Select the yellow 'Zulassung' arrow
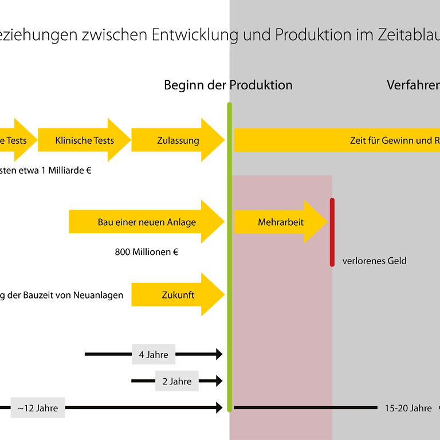pyautogui.click(x=178, y=140)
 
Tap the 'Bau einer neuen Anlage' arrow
pyautogui.click(x=146, y=222)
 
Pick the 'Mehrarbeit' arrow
pyautogui.click(x=280, y=222)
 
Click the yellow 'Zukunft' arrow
pyautogui.click(x=178, y=295)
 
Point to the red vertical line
pyautogui.click(x=332, y=232)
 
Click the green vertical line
pyautogui.click(x=230, y=258)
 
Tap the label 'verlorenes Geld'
pyautogui.click(x=374, y=261)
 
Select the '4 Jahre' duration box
pyautogui.click(x=154, y=355)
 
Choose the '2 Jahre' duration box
pyautogui.click(x=176, y=381)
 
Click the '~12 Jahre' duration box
pyautogui.click(x=38, y=408)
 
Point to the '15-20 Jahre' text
pyautogui.click(x=408, y=408)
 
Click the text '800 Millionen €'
pyautogui.click(x=147, y=252)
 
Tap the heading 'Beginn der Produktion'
pyautogui.click(x=228, y=85)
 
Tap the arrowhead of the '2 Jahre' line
pyautogui.click(x=219, y=380)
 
